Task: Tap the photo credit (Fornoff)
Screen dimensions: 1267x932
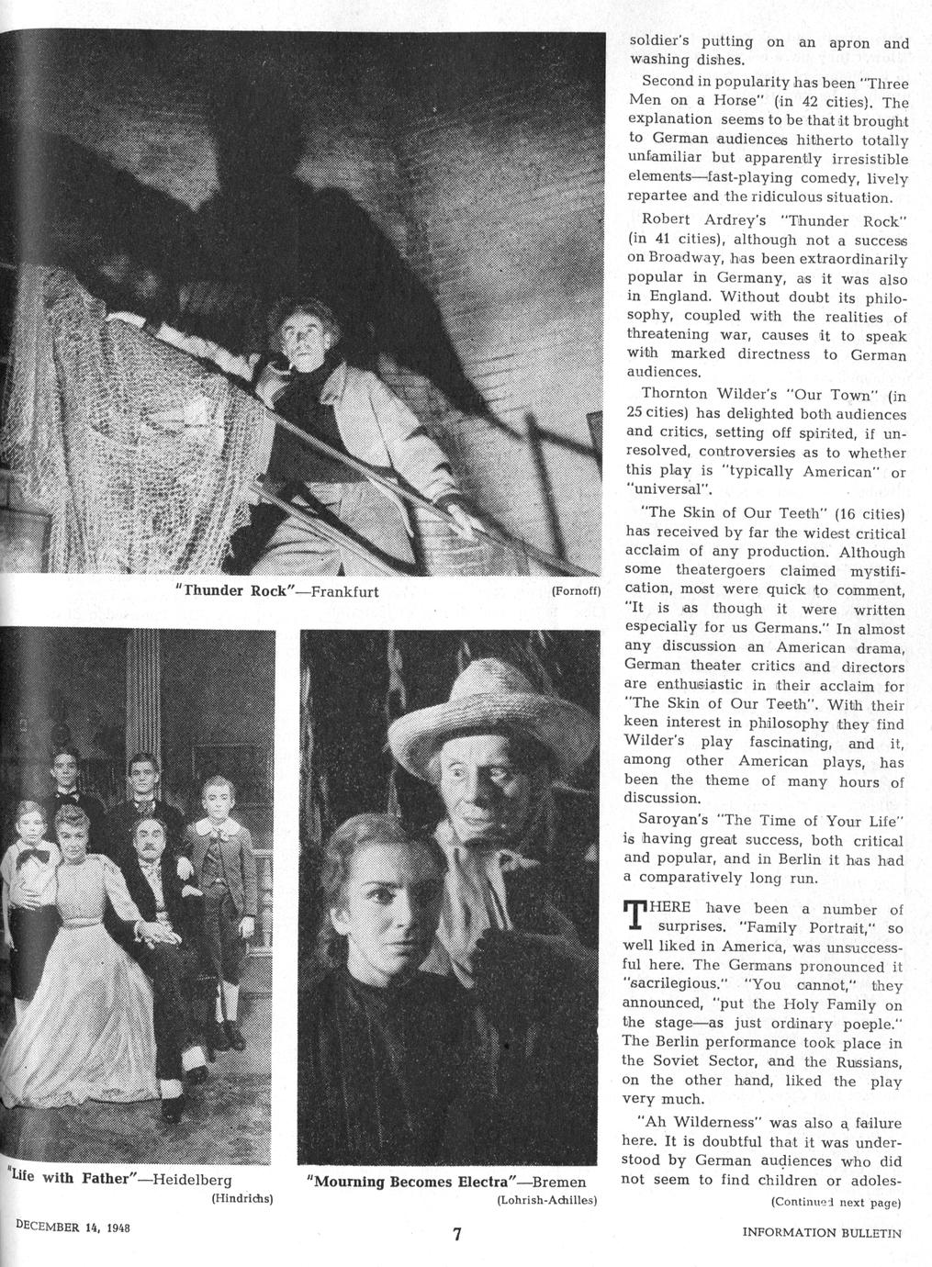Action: pyautogui.click(x=576, y=592)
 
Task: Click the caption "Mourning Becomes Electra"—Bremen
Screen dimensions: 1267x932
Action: pyautogui.click(x=446, y=1181)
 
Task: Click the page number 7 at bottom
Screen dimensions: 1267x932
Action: pyautogui.click(x=456, y=1235)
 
